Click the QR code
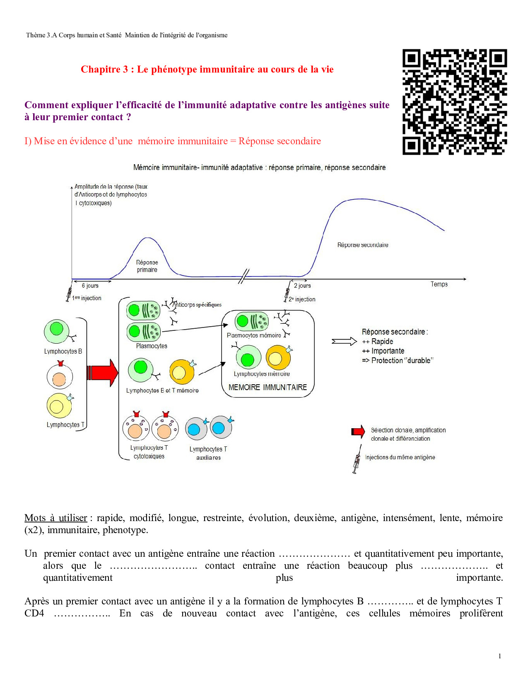coord(454,102)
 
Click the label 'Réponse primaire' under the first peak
coord(147,266)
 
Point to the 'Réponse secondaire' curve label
coord(363,245)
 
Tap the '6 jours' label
coord(90,286)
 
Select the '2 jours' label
coord(302,286)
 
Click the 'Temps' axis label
coord(439,284)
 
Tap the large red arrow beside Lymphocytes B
coord(102,373)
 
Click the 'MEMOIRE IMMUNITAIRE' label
coord(268,387)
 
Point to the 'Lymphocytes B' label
coord(63,352)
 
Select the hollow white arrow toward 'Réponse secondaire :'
coord(344,342)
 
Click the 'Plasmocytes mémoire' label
coord(254,335)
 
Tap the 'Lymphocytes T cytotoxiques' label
coord(149,452)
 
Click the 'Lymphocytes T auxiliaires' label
coord(208,453)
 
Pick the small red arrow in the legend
coord(358,432)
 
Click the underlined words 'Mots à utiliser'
coord(56,518)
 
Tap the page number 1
coord(500,656)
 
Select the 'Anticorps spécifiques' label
coord(198,305)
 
